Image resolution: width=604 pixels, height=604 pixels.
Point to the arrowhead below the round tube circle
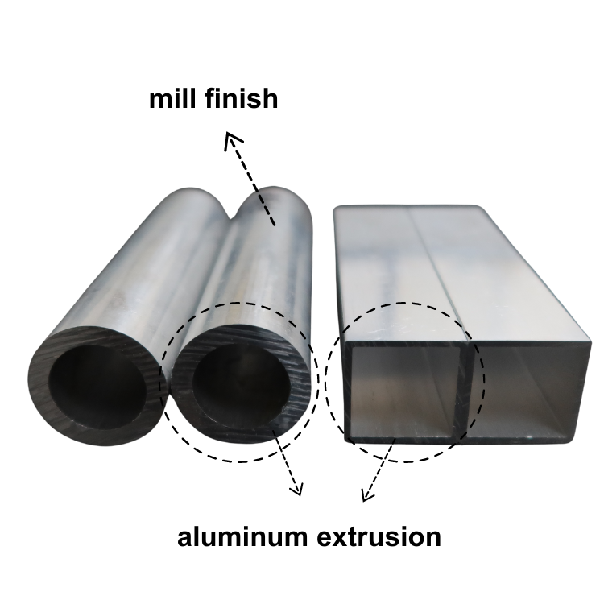[x=296, y=489]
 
